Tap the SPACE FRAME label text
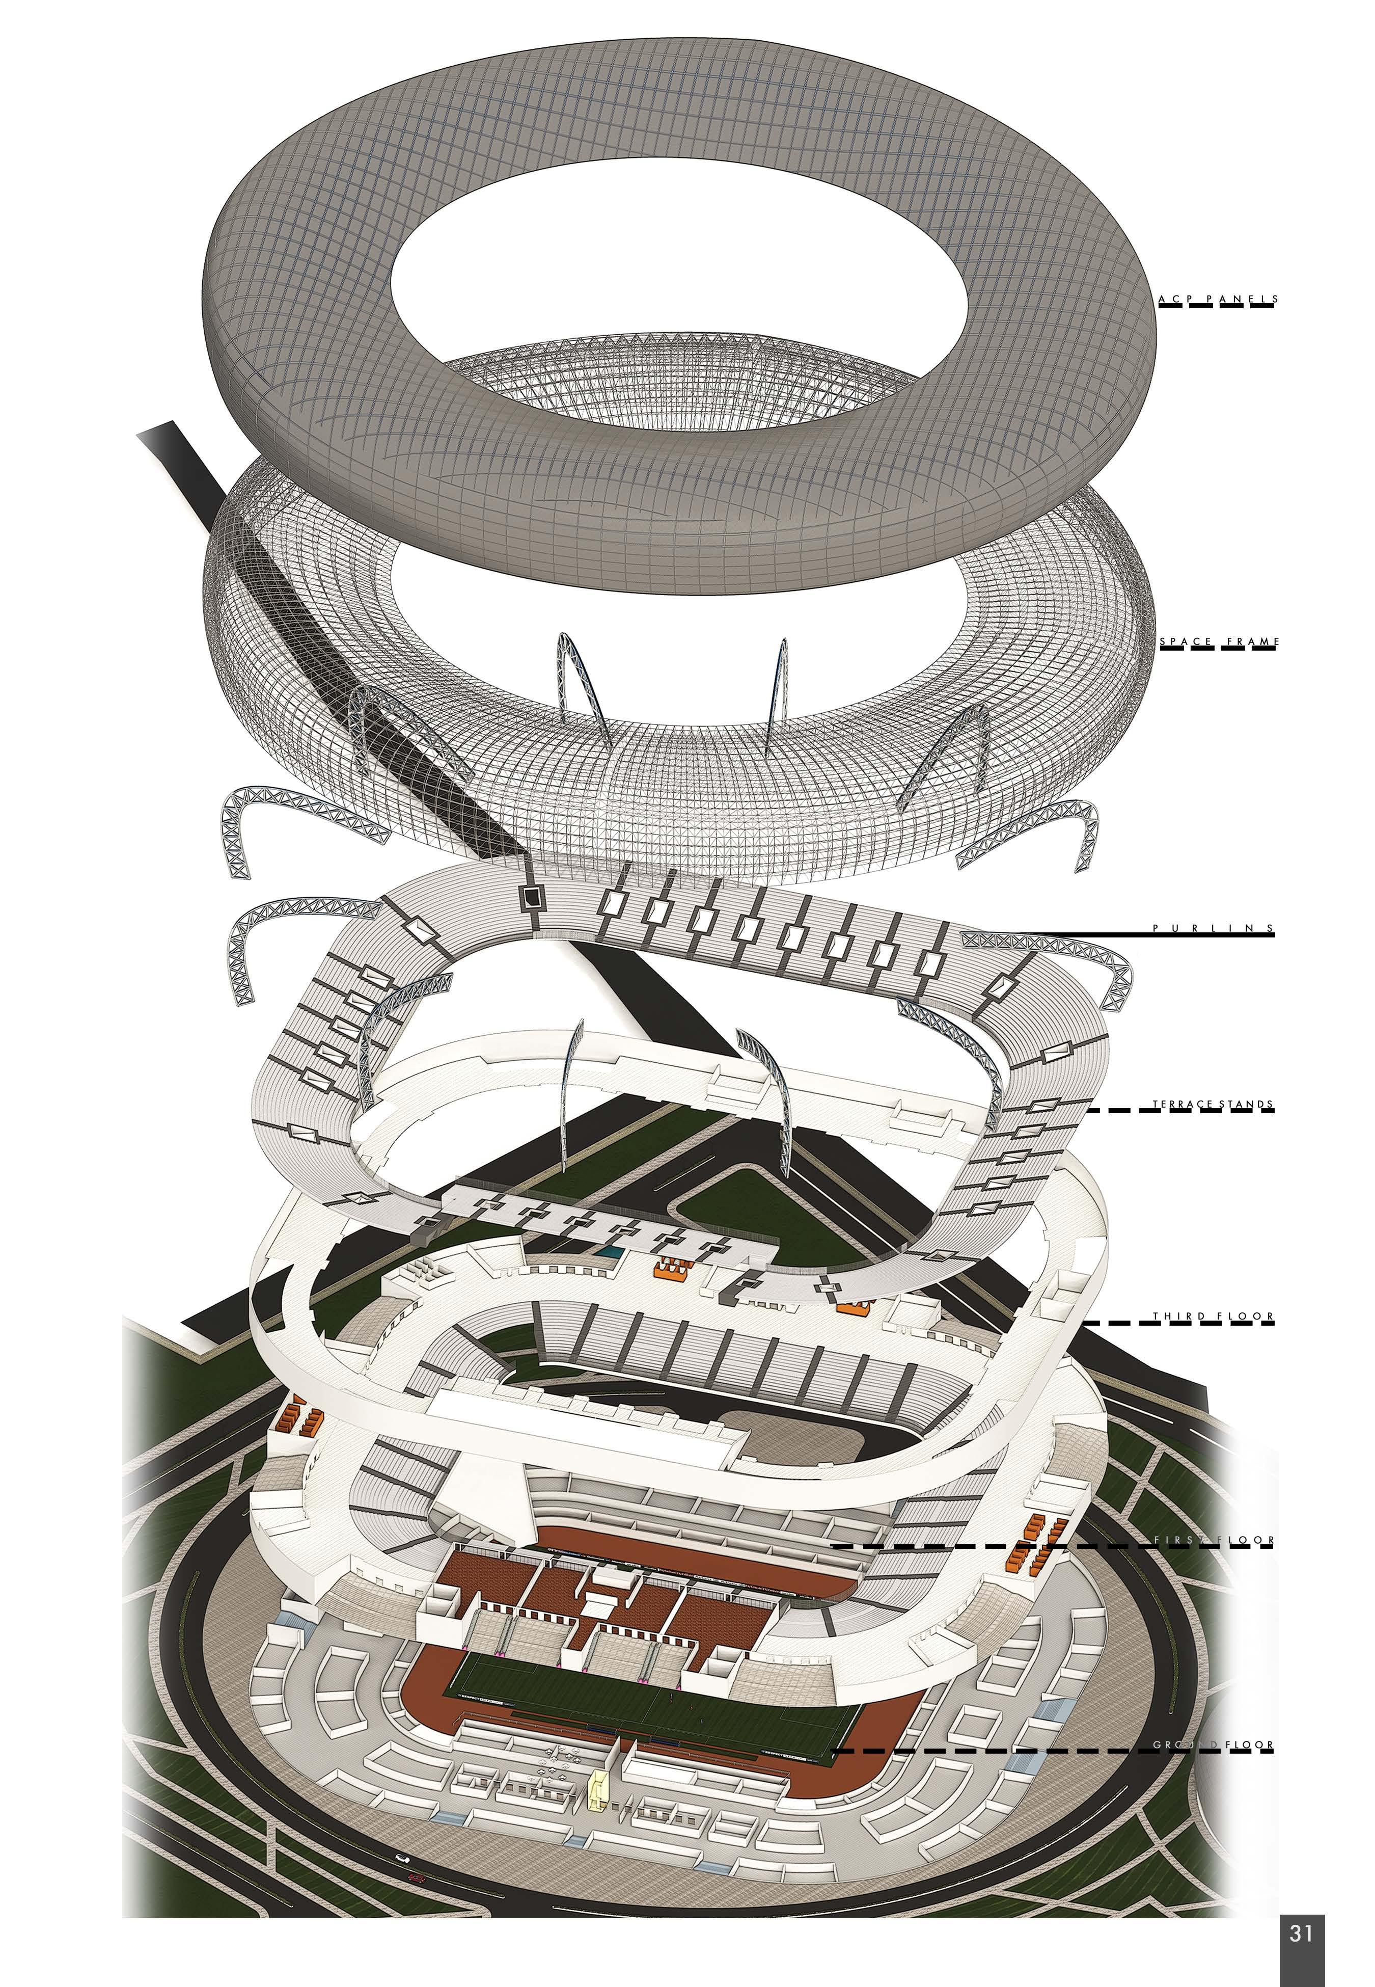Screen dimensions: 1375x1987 (x=1217, y=642)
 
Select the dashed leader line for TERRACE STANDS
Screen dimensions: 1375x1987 (x=1180, y=1112)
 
